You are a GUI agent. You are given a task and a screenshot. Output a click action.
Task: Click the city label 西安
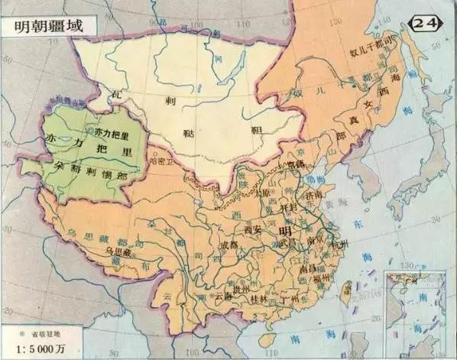tap(253, 228)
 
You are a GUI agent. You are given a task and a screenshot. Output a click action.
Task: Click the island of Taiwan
tap(345, 293)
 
